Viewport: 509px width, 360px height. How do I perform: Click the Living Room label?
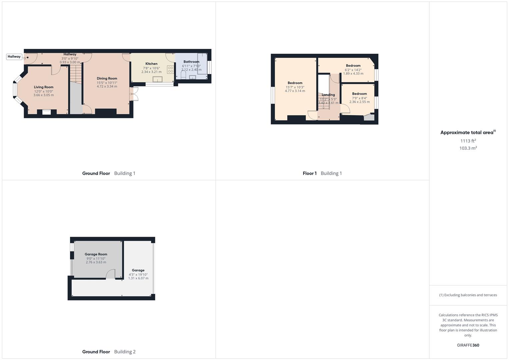pyautogui.click(x=43, y=87)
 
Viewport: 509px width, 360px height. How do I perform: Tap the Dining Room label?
pyautogui.click(x=107, y=78)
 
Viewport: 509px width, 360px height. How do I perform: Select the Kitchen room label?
pyautogui.click(x=151, y=64)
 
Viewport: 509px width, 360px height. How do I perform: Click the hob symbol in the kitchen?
pyautogui.click(x=170, y=70)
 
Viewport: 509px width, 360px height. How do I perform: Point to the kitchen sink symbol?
pyautogui.click(x=157, y=79)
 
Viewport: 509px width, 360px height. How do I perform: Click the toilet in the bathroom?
pyautogui.click(x=183, y=75)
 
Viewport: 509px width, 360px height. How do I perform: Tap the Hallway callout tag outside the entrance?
pyautogui.click(x=14, y=57)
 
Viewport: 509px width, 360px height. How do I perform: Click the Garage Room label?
pyautogui.click(x=96, y=254)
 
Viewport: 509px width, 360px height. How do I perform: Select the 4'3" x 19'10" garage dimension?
pyautogui.click(x=138, y=275)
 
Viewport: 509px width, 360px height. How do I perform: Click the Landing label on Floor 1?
pyautogui.click(x=328, y=95)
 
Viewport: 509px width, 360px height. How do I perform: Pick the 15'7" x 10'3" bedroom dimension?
pyautogui.click(x=295, y=87)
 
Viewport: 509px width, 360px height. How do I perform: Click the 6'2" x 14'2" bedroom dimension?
pyautogui.click(x=353, y=70)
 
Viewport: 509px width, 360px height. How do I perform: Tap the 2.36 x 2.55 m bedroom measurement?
pyautogui.click(x=359, y=102)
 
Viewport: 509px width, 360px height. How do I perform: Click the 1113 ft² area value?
pyautogui.click(x=468, y=141)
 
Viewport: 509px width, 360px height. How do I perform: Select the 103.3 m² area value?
pyautogui.click(x=468, y=148)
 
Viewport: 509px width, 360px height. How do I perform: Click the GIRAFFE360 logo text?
pyautogui.click(x=468, y=345)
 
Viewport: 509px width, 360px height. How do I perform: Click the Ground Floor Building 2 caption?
pyautogui.click(x=109, y=352)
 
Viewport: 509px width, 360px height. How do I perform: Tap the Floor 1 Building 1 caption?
pyautogui.click(x=322, y=173)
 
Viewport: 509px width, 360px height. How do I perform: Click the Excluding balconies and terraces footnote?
pyautogui.click(x=468, y=295)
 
